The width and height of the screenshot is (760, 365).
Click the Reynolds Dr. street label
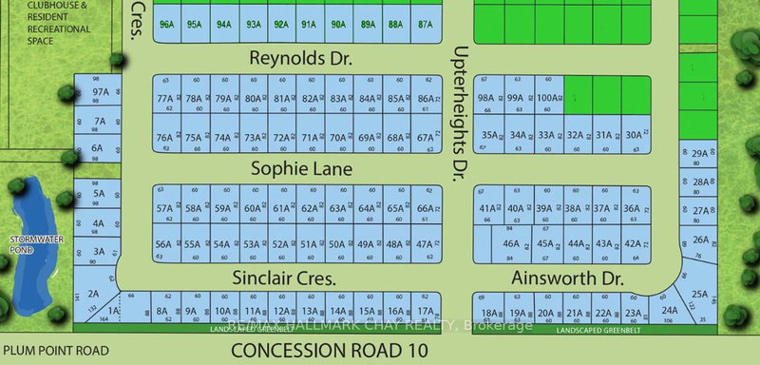pos(300,59)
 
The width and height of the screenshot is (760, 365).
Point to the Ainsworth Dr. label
pos(566,279)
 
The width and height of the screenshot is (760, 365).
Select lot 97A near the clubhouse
pos(100,92)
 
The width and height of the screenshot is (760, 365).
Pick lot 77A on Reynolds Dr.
pos(166,98)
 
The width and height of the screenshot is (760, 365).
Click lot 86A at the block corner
pos(426,98)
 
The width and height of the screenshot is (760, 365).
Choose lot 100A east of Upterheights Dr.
pos(546,98)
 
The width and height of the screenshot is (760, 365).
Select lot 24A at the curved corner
pos(670,309)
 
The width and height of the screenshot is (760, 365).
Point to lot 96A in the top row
pos(169,26)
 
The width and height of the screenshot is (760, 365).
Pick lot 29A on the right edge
pos(700,154)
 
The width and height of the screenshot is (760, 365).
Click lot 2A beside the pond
pos(94,294)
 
